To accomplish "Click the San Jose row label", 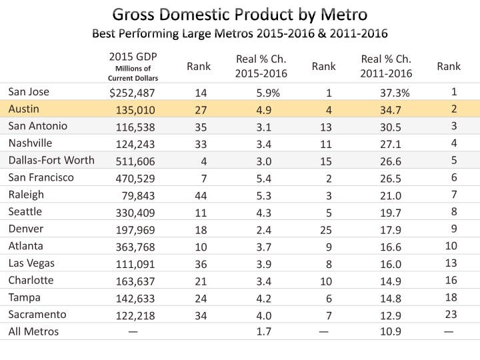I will point(28,91).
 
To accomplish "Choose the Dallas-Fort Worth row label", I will point(51,160).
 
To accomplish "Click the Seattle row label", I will point(25,211).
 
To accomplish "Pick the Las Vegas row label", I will point(31,263).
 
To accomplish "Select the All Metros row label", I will point(33,331).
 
